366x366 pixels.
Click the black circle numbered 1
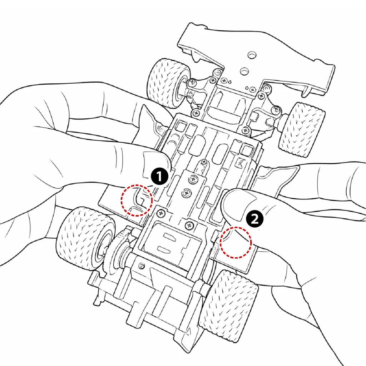[x=159, y=177]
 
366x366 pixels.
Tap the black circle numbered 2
[x=254, y=219]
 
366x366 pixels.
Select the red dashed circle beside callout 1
[x=137, y=200]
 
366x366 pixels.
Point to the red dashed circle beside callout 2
[x=236, y=243]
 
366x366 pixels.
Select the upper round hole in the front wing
[x=252, y=55]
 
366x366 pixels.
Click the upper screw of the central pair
[x=193, y=179]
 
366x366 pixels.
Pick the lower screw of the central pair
[x=187, y=193]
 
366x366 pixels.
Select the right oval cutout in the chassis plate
[x=220, y=154]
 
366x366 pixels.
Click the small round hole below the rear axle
[x=142, y=266]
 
